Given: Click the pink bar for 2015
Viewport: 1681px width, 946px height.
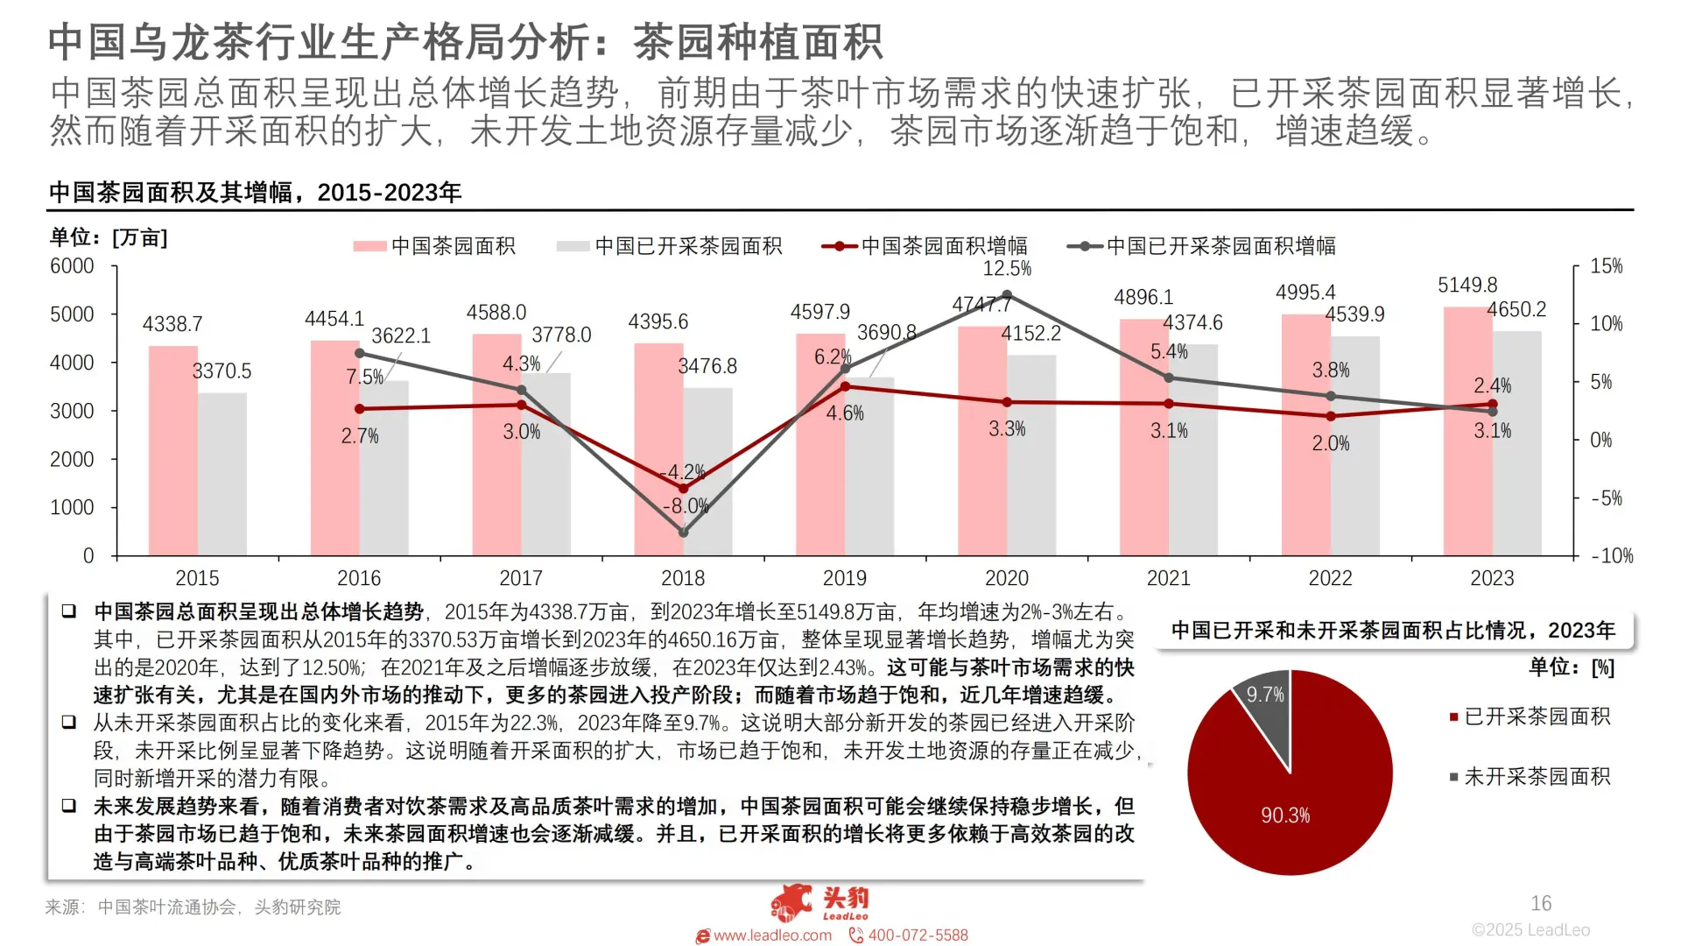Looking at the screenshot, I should click(x=172, y=451).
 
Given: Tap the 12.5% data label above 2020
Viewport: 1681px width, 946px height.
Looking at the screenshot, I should click(x=1007, y=269).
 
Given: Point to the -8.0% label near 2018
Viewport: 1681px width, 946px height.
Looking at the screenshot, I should click(x=686, y=506).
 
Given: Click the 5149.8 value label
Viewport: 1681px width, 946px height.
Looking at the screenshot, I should click(x=1467, y=286).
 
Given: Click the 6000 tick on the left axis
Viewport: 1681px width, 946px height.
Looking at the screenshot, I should click(x=72, y=266).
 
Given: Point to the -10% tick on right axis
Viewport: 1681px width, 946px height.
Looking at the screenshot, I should click(x=1612, y=556).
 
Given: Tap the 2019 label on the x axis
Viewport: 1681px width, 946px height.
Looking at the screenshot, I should click(x=844, y=578).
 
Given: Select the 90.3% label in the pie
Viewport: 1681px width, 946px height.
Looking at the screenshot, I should click(x=1285, y=815).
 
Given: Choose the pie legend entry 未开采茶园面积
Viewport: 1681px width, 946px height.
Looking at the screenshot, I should click(x=1537, y=777).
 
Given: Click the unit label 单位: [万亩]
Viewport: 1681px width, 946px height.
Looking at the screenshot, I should click(x=109, y=237).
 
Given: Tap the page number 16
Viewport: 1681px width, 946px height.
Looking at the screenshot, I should click(x=1541, y=903).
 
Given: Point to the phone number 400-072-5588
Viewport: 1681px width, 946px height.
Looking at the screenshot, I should click(x=918, y=935).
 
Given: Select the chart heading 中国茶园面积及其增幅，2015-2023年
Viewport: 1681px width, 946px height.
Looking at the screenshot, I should click(x=255, y=193).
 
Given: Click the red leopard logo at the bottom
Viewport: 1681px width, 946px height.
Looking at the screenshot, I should click(x=792, y=902).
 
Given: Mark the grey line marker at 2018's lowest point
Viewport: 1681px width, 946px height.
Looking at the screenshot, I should click(x=684, y=532).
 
